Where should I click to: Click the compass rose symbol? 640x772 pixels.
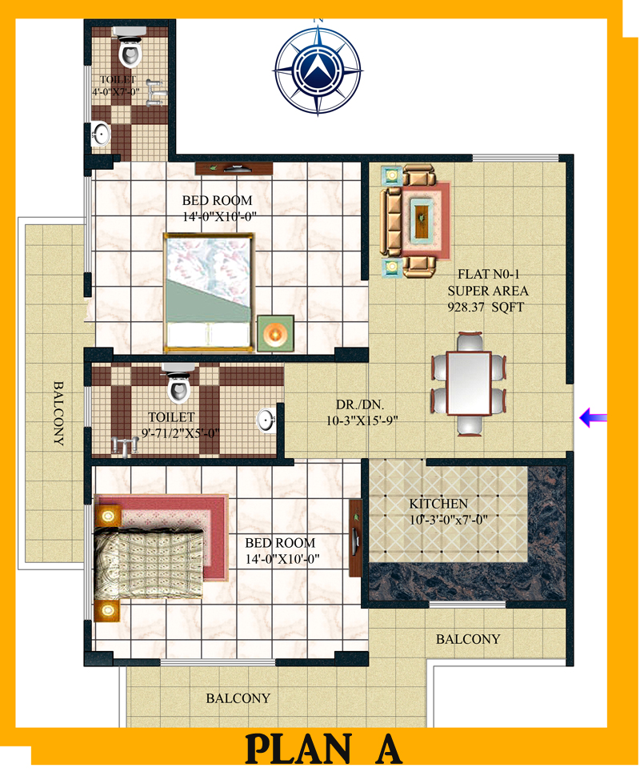[x=318, y=70]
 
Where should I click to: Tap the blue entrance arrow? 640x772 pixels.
[x=594, y=418]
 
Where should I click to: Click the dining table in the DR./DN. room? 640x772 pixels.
[x=469, y=383]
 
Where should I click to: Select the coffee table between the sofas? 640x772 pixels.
[x=422, y=219]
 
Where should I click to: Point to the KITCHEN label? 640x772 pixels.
[x=438, y=504]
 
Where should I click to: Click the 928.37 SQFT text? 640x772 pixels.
[x=486, y=308]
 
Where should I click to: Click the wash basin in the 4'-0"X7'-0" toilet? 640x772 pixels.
[x=101, y=134]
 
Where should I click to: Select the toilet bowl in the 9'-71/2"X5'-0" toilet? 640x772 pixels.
[x=178, y=387]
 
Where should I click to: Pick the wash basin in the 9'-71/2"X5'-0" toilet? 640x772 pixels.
[x=266, y=420]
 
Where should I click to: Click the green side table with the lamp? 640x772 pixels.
[x=275, y=333]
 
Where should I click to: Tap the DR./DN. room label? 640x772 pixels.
[x=360, y=404]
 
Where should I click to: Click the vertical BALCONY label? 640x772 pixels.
[x=58, y=413]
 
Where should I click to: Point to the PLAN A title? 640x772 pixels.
[x=323, y=749]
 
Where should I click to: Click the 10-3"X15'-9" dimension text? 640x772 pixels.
[x=362, y=421]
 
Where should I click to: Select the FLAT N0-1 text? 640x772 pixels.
[x=489, y=274]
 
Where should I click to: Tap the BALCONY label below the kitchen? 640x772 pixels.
[x=468, y=639]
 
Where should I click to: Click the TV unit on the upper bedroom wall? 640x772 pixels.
[x=234, y=168]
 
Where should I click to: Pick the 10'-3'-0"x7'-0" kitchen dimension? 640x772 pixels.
[x=449, y=520]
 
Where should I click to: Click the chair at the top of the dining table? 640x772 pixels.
[x=470, y=342]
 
